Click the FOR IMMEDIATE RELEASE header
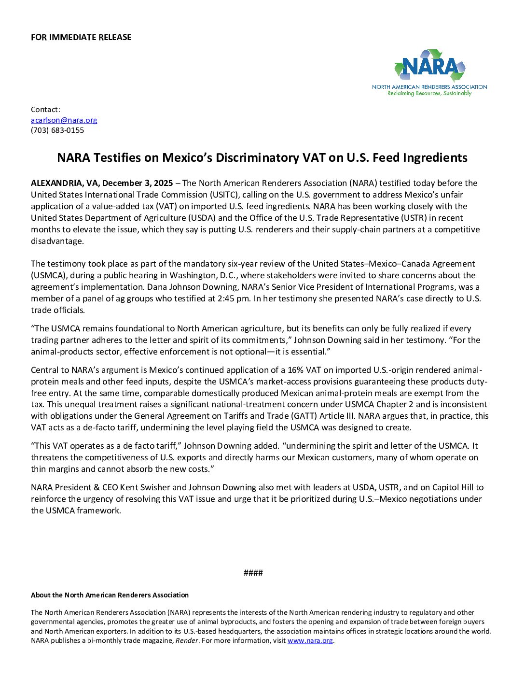pos(81,37)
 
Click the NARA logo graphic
pos(429,67)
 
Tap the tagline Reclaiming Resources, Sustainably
pos(429,93)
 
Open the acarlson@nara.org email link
pos(64,120)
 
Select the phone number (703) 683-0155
pos(57,130)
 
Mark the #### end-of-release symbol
pos(253,573)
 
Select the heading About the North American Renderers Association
pos(110,595)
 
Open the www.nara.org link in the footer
pos(310,640)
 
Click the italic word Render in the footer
pos(187,640)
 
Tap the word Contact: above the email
pos(45,110)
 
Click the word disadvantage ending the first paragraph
pos(57,241)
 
